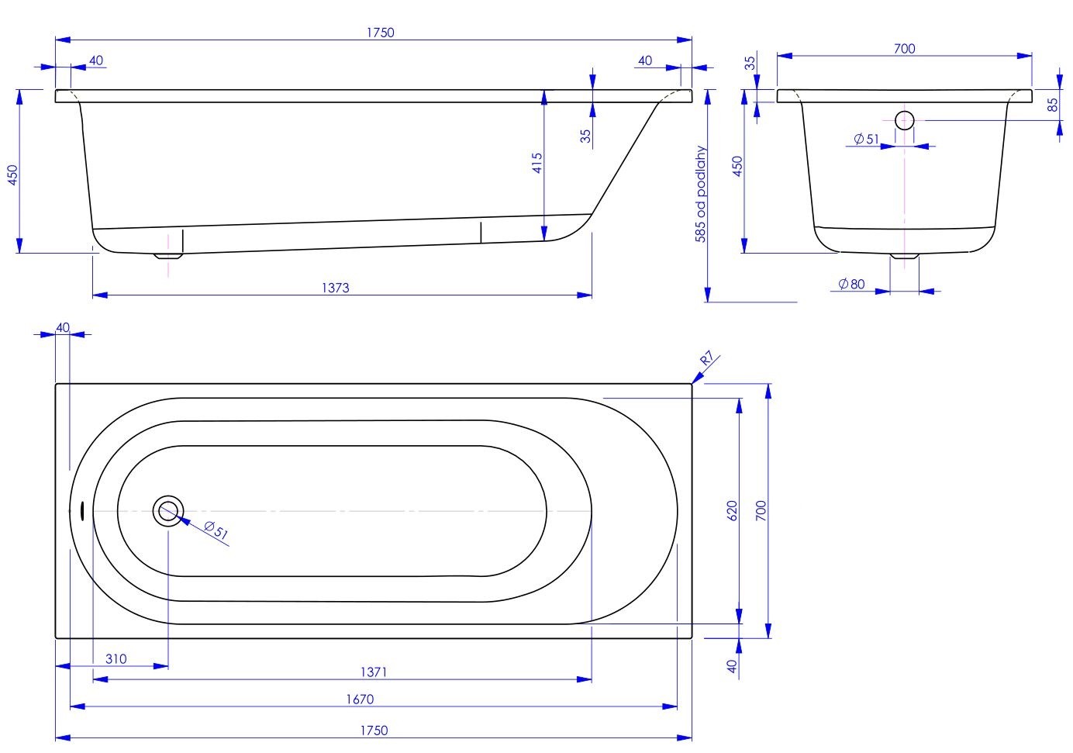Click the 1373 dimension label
(335, 288)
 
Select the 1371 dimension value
(373, 672)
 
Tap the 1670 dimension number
(360, 699)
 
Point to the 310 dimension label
(116, 659)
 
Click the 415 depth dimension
(537, 163)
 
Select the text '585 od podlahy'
(701, 195)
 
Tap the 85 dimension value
(1053, 104)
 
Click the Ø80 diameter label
(851, 285)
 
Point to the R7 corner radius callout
(706, 359)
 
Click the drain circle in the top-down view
(168, 511)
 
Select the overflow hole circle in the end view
(904, 120)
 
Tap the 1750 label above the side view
(380, 33)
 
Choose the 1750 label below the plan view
(374, 731)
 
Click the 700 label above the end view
(904, 49)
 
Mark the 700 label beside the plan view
(761, 509)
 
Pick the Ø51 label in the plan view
(216, 531)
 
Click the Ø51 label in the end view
(866, 140)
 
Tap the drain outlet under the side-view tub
(167, 255)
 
